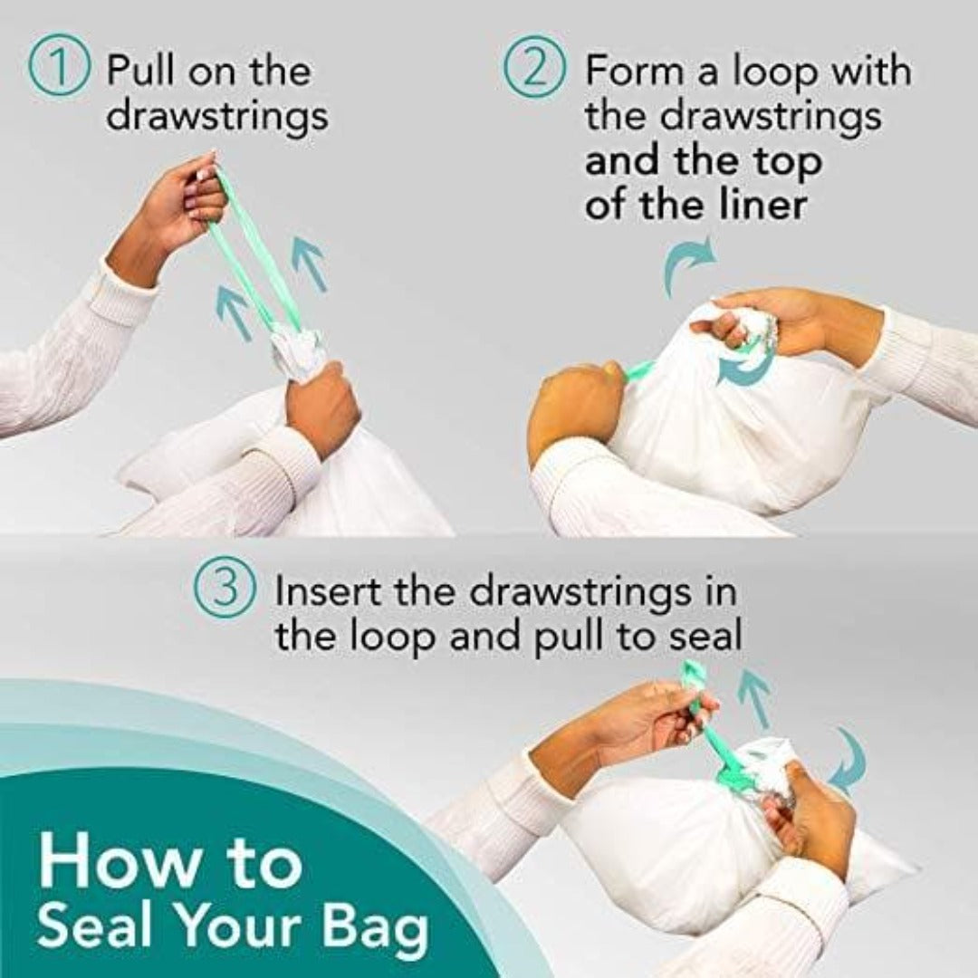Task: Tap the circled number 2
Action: tap(535, 72)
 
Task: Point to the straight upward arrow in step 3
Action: tap(753, 697)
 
